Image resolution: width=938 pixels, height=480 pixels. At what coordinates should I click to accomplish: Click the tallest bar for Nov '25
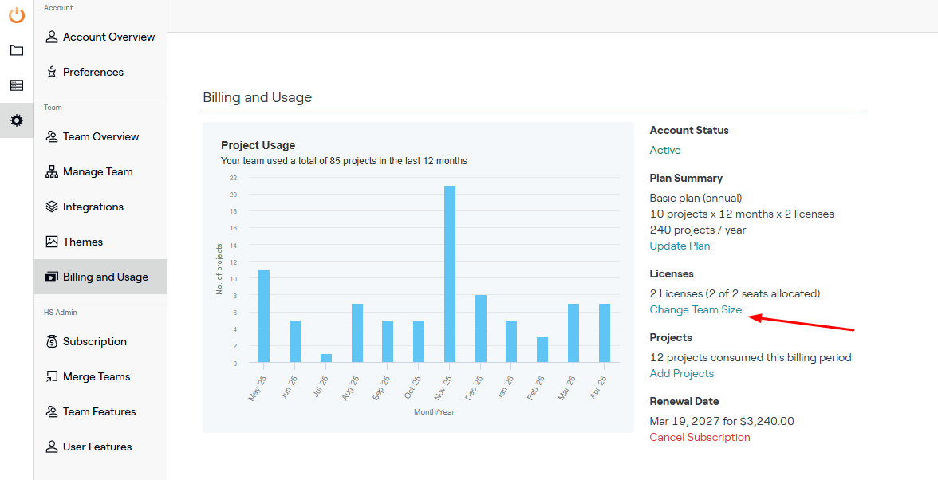(449, 273)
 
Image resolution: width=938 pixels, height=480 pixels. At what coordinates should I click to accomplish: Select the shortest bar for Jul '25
(325, 358)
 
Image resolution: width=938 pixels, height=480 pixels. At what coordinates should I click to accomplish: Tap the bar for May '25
(264, 317)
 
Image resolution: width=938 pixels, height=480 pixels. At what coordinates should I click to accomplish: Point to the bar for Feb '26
(542, 350)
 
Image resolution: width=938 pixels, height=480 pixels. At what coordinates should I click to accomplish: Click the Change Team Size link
(696, 309)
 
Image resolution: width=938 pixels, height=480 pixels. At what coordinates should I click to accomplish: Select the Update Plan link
(680, 246)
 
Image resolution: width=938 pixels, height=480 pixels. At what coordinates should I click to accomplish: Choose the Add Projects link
(681, 374)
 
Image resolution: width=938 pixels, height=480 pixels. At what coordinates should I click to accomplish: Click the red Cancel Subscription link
(700, 437)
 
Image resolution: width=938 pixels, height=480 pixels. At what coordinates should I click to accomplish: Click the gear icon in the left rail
(17, 120)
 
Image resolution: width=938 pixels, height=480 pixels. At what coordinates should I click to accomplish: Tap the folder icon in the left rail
(17, 50)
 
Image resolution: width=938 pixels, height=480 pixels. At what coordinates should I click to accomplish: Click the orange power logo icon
(17, 15)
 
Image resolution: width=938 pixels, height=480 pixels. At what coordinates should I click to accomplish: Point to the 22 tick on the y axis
(233, 178)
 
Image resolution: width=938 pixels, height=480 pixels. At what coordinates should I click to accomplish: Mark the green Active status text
(665, 150)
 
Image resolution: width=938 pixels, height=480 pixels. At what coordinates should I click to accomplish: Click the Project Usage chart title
(258, 145)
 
